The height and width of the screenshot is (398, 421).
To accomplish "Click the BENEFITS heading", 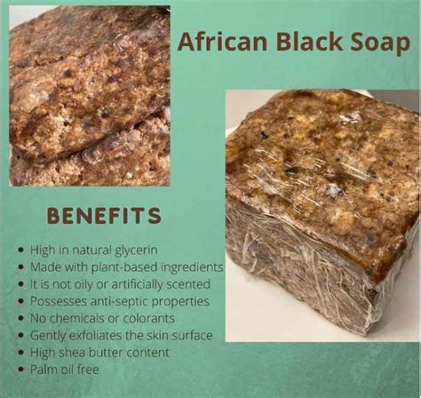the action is (104, 215).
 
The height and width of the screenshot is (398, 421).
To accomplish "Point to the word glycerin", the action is (136, 251).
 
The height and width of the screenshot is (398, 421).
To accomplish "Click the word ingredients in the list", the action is (192, 267).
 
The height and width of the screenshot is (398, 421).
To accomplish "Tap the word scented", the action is (188, 284).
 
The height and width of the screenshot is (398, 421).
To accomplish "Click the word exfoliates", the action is (96, 336).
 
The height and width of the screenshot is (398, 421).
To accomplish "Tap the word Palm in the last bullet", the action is (44, 370).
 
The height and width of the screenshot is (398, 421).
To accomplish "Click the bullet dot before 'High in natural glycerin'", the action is (20, 251).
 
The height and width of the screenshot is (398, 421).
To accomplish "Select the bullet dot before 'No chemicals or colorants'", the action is (20, 319).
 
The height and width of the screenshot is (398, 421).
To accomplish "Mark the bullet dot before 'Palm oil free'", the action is (20, 370).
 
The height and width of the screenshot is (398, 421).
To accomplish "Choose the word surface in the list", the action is (192, 336).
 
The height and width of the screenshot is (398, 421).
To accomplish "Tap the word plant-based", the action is (124, 267).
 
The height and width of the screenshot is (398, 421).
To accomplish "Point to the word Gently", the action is (48, 336).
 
